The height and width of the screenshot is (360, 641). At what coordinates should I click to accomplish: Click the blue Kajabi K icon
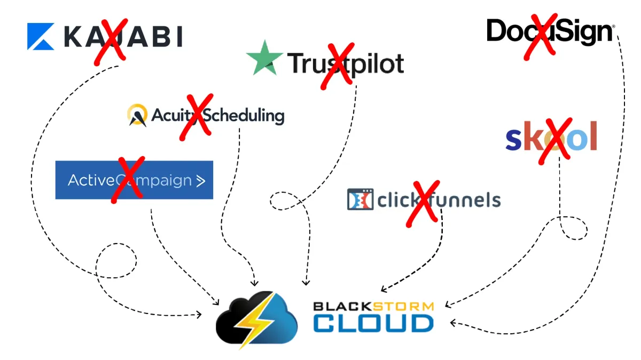coord(41,36)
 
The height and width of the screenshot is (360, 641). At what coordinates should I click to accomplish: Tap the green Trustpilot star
coord(265,58)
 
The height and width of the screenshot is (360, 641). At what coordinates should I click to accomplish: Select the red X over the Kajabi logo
coord(111,41)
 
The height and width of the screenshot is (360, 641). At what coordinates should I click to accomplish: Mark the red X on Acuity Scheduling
coord(196,116)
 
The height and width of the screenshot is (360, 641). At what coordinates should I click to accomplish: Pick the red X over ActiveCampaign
coord(128,179)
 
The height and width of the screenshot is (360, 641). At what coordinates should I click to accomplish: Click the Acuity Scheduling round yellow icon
coord(137,115)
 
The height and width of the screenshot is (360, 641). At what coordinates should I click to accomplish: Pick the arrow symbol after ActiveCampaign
coord(200,181)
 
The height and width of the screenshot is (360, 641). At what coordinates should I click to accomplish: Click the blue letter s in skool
coord(513,138)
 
